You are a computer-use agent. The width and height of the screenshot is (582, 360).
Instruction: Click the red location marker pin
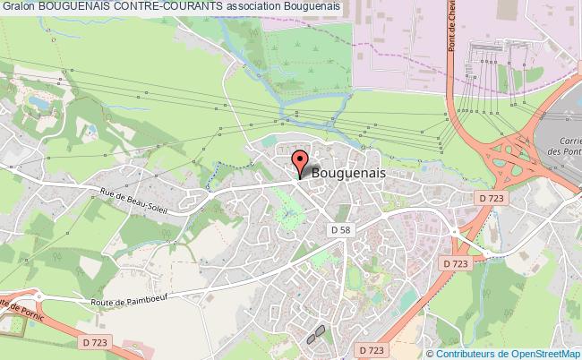pyautogui.click(x=300, y=163)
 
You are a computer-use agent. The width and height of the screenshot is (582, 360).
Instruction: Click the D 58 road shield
pyautogui.click(x=340, y=231)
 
